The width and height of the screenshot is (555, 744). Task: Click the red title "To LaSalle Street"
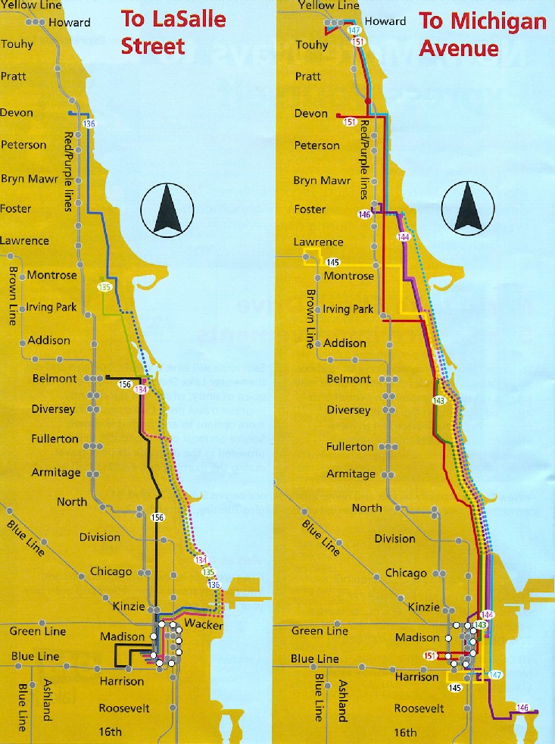[x=173, y=33]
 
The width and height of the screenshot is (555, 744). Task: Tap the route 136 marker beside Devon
[x=90, y=123]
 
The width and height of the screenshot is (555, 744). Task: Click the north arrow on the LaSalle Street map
[x=167, y=210]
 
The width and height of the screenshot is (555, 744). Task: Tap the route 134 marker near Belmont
[x=140, y=389]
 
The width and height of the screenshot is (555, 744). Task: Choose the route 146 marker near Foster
[x=366, y=214]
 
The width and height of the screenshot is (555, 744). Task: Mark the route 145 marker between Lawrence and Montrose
[x=333, y=262]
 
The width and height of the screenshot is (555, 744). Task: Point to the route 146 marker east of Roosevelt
[x=522, y=708]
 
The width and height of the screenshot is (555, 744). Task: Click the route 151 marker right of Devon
[x=350, y=121]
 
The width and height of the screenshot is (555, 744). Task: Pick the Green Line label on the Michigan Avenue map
[x=319, y=630]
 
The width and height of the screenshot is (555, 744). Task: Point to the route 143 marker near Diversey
[x=438, y=400]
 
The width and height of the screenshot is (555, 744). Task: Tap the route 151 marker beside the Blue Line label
[x=429, y=656]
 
